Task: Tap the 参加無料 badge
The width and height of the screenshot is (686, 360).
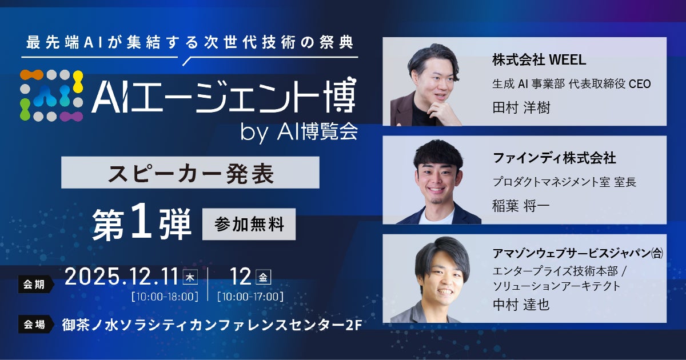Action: (249, 225)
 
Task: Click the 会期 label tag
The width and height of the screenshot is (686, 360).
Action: (34, 284)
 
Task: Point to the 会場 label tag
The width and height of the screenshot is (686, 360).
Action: (34, 325)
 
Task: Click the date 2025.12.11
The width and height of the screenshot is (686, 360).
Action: (122, 277)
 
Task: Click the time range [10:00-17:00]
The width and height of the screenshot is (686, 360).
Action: (250, 297)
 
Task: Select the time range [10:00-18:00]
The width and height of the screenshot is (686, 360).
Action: (165, 297)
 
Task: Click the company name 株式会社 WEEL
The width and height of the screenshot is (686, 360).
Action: (540, 59)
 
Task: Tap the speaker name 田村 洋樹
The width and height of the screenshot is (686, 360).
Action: (521, 107)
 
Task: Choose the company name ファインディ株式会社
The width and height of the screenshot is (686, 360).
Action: (554, 157)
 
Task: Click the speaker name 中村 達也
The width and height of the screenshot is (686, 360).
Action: (521, 305)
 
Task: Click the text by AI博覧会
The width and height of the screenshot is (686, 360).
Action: (300, 132)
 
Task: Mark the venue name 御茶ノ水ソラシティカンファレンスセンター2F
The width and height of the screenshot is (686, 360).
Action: (211, 325)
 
